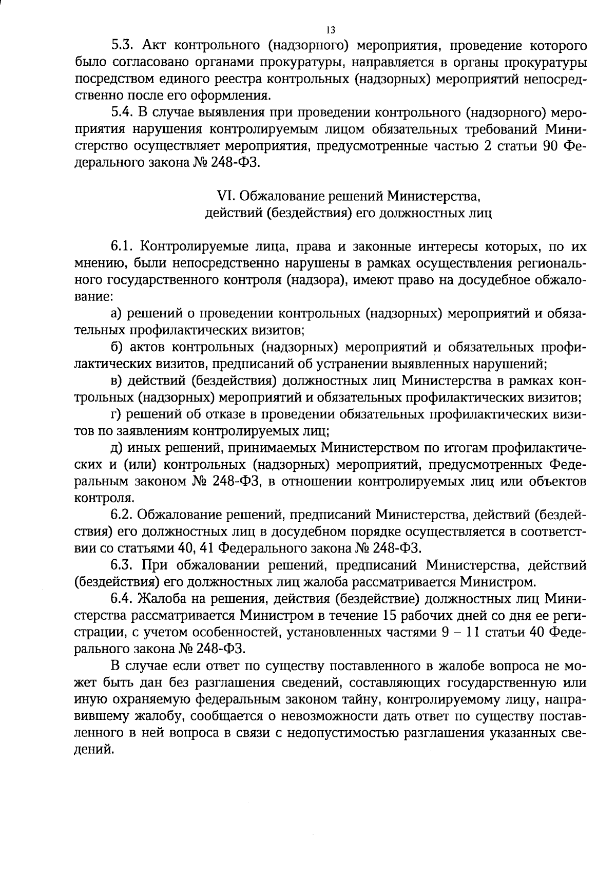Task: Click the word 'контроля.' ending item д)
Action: tap(105, 498)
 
